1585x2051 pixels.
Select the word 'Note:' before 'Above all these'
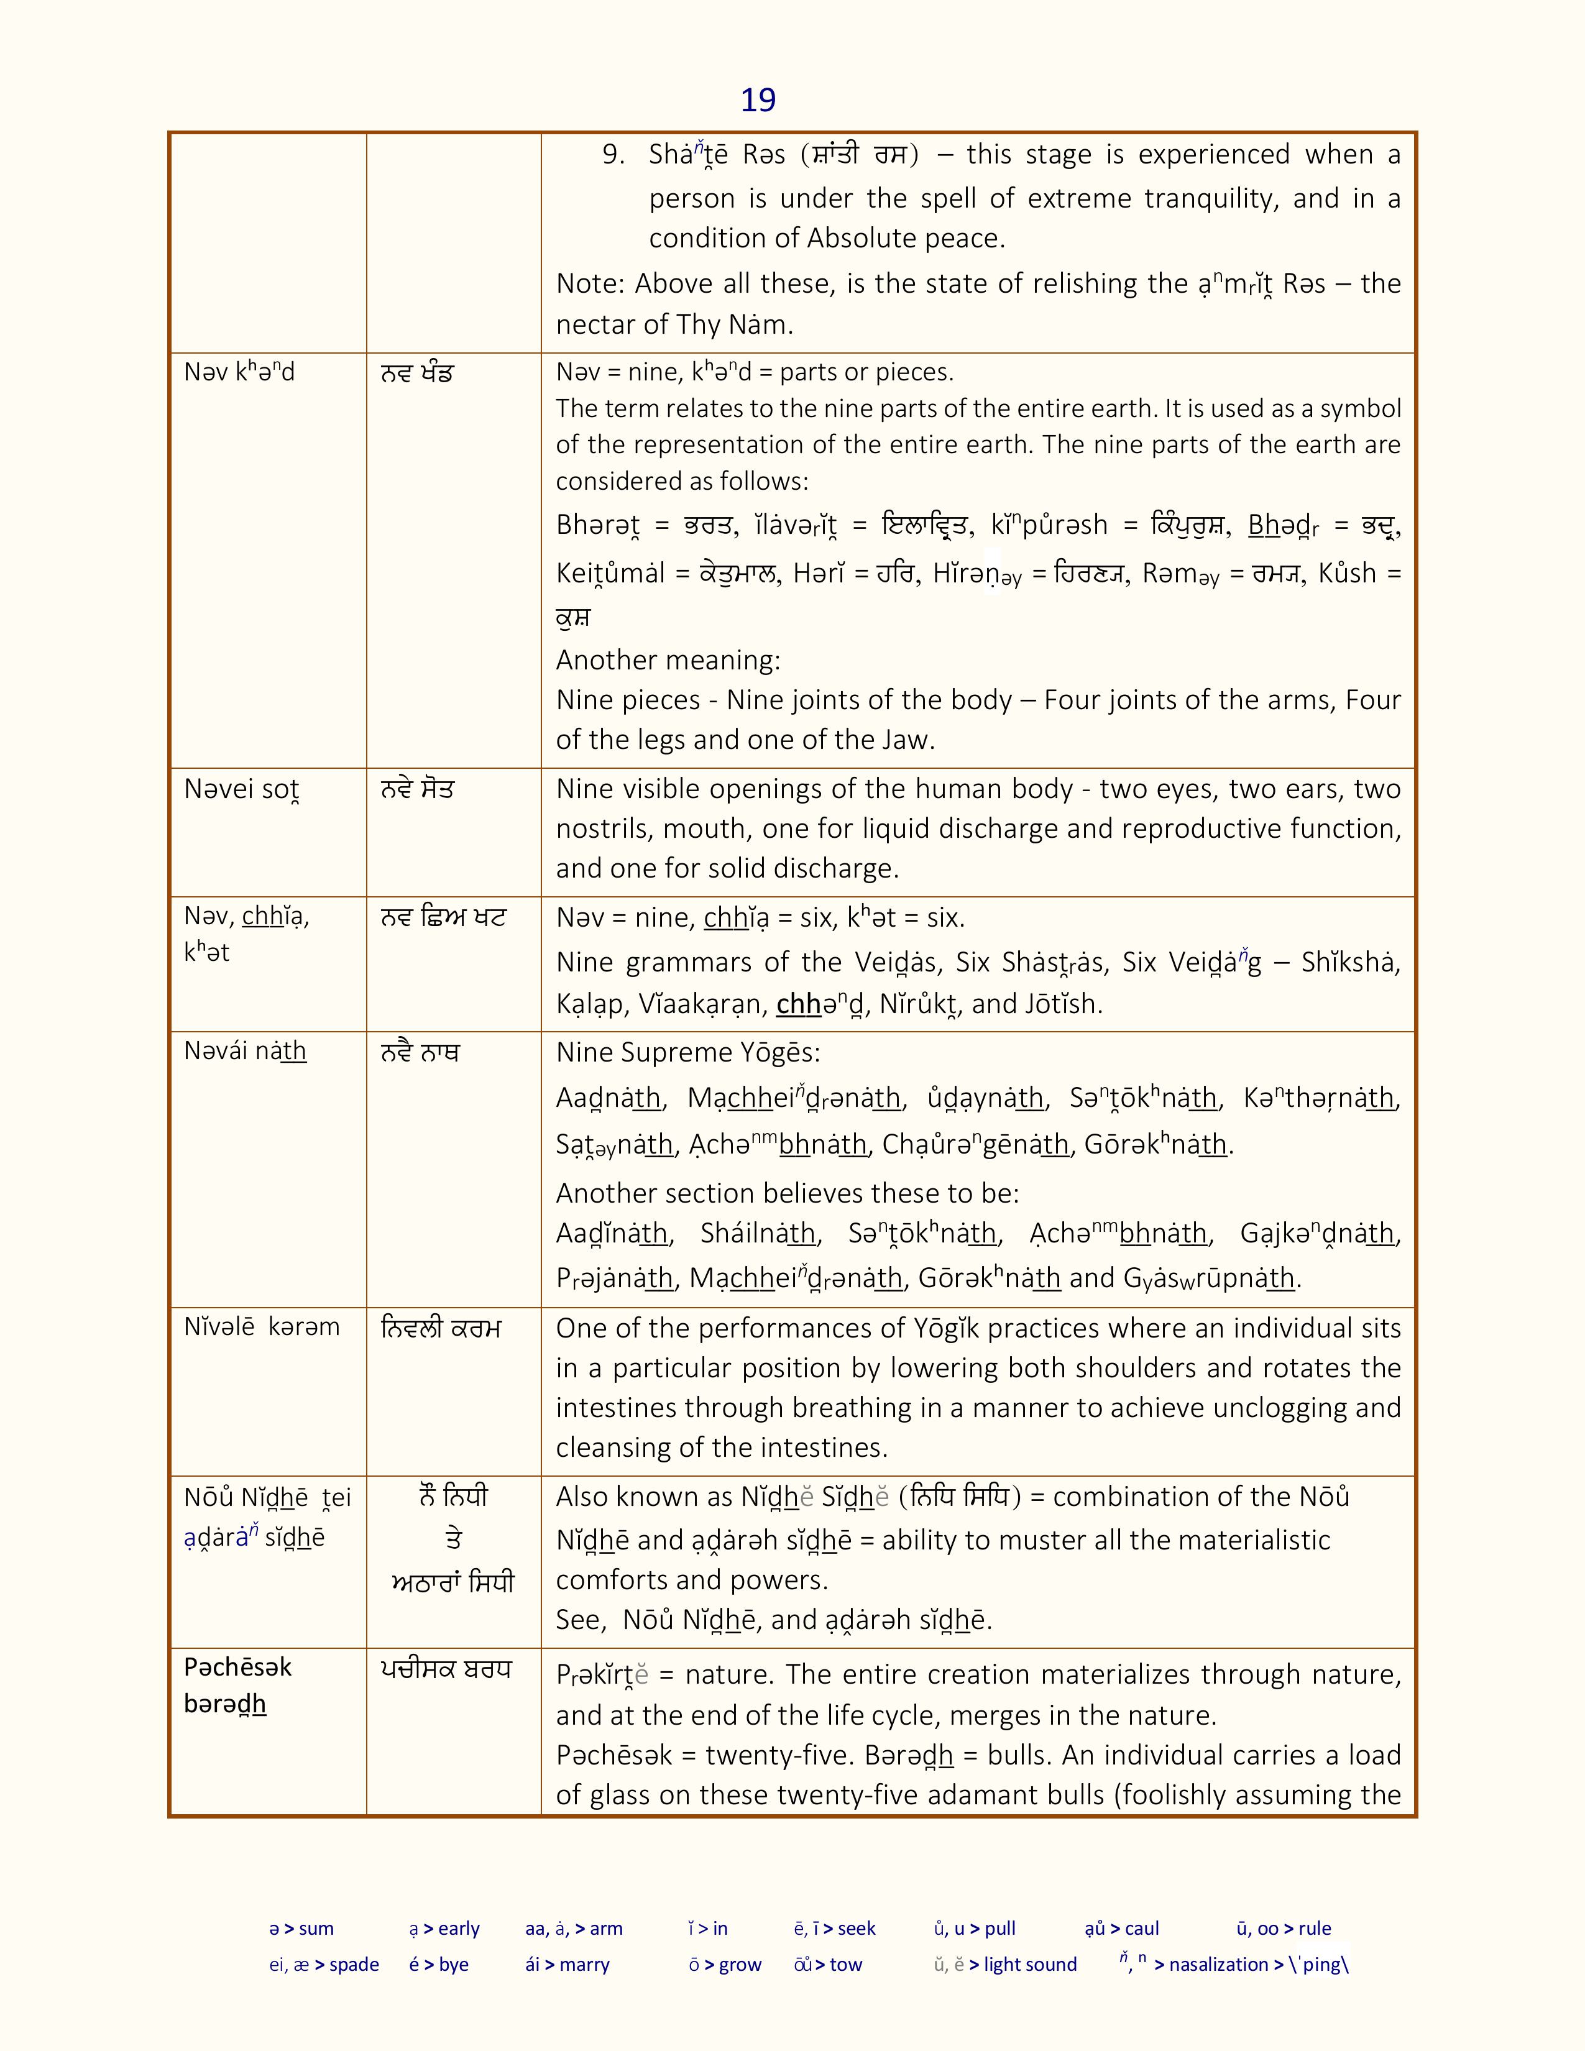pyautogui.click(x=590, y=283)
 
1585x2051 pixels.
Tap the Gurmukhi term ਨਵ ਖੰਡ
pyautogui.click(x=417, y=373)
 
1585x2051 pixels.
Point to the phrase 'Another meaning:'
pyautogui.click(x=668, y=660)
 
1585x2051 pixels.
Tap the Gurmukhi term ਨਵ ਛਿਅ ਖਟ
pyautogui.click(x=443, y=917)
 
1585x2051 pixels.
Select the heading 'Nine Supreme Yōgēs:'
pyautogui.click(x=687, y=1053)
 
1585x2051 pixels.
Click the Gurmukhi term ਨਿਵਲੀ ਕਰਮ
pyautogui.click(x=441, y=1328)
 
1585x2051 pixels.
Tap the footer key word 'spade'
pyautogui.click(x=354, y=1965)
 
